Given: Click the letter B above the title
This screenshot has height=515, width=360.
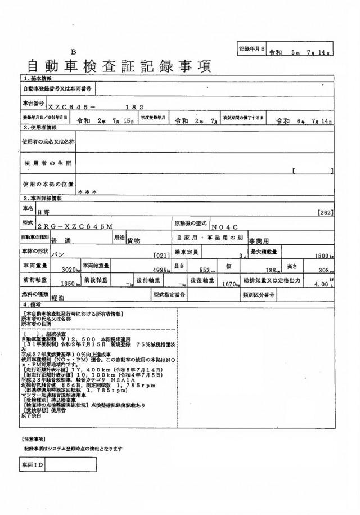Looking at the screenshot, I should tap(74, 51).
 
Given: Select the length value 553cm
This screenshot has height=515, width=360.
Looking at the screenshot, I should tap(206, 270).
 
